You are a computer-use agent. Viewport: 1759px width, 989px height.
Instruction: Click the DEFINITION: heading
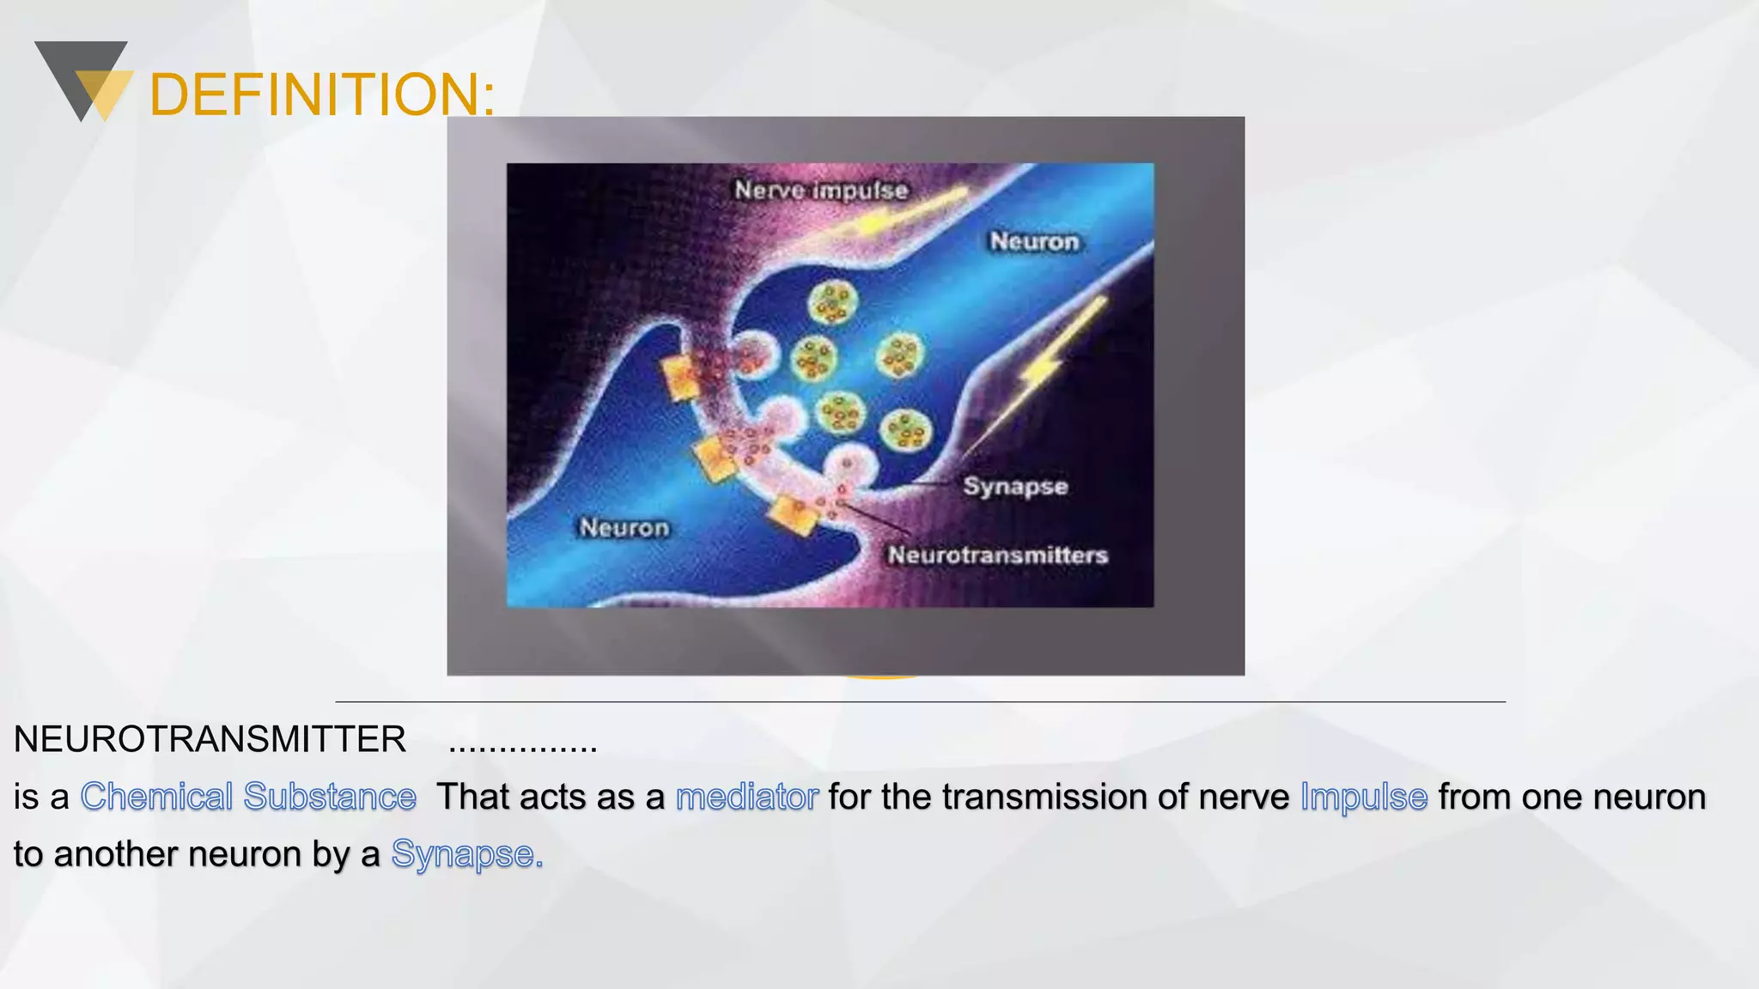click(322, 94)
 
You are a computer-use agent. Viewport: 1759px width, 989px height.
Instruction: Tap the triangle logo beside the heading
click(83, 81)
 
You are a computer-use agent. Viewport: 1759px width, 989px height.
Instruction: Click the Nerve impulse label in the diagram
click(821, 190)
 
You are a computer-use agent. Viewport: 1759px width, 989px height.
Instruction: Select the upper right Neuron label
click(1034, 242)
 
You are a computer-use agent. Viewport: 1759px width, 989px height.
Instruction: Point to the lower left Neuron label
click(624, 527)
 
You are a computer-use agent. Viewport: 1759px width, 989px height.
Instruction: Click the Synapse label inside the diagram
click(1015, 486)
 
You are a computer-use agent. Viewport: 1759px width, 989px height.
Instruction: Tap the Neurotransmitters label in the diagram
click(997, 555)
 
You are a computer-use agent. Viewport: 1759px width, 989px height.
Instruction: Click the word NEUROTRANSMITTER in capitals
click(210, 739)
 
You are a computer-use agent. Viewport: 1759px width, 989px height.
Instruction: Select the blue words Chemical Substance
click(248, 797)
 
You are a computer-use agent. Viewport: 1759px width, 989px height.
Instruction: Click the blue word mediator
click(747, 797)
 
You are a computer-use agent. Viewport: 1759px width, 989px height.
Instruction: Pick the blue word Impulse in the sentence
click(1364, 797)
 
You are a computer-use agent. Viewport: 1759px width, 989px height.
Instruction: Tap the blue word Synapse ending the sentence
click(466, 854)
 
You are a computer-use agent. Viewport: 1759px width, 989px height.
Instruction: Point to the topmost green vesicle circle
click(832, 302)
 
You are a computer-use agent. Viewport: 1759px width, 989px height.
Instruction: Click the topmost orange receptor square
click(681, 378)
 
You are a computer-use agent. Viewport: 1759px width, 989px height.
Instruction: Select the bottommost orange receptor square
click(794, 514)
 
